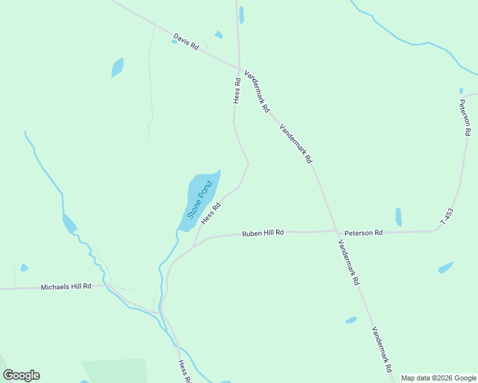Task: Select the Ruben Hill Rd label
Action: [263, 234]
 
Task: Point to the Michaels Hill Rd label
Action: [66, 287]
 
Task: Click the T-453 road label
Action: [447, 216]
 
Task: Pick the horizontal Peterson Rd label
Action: [363, 233]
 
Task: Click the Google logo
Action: [21, 375]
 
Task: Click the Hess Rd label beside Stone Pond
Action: [211, 213]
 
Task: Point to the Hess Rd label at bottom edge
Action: [184, 370]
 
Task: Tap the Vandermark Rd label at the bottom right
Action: [382, 350]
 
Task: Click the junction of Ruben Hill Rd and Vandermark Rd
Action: [336, 231]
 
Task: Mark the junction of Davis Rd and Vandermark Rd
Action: [240, 68]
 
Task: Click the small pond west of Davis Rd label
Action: [118, 67]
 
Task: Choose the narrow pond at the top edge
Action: [241, 15]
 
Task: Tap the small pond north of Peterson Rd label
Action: [399, 217]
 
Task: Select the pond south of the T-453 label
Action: [445, 267]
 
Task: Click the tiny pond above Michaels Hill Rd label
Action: [24, 267]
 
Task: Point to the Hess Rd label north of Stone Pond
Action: [236, 91]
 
